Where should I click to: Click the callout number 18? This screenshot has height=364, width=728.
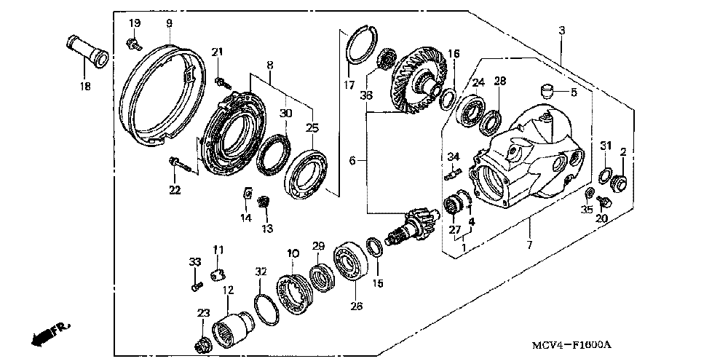click(x=85, y=87)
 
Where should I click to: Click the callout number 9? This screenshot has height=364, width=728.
click(x=169, y=23)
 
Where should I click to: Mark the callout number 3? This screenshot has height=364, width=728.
click(x=562, y=30)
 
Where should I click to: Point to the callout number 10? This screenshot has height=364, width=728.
click(x=293, y=253)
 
